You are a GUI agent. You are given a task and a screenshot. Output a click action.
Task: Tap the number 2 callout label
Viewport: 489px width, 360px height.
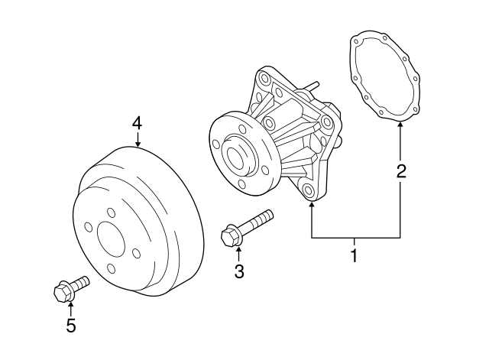(400, 171)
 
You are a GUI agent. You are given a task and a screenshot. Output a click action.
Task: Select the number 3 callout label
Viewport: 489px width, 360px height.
(239, 271)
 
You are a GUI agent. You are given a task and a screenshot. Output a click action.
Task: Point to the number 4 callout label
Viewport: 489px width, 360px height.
(138, 122)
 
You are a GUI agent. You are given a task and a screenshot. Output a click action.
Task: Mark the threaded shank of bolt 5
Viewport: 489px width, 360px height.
(81, 282)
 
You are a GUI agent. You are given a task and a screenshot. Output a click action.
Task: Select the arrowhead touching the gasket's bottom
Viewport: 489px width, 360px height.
(400, 125)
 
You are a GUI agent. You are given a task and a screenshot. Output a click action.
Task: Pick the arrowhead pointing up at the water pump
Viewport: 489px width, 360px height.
(312, 207)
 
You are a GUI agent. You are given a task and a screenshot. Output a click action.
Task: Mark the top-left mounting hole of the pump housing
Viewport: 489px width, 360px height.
(264, 79)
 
